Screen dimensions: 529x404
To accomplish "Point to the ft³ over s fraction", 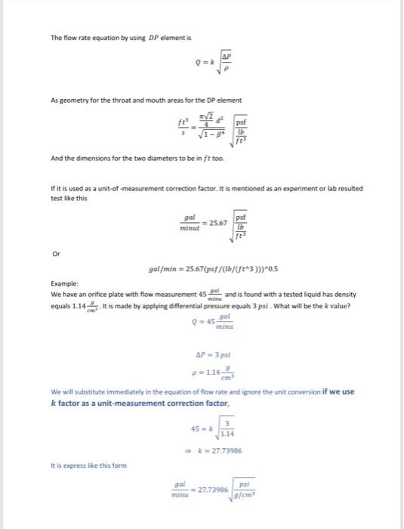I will tap(182, 127).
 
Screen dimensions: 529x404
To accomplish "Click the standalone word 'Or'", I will tap(55, 254).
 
